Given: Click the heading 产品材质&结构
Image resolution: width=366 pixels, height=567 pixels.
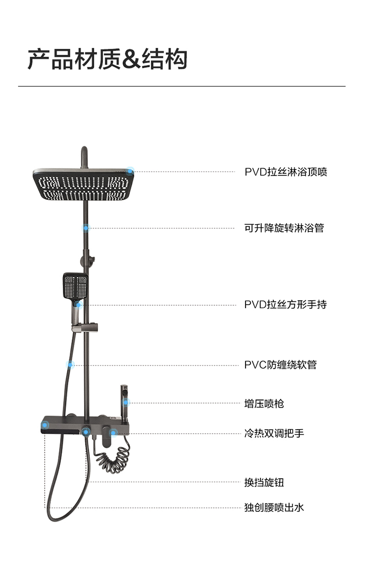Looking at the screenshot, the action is tap(107, 60).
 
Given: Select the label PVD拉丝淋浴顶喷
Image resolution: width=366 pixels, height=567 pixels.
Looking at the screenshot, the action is tap(285, 172).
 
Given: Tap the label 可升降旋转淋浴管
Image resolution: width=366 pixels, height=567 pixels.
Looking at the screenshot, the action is tap(284, 228).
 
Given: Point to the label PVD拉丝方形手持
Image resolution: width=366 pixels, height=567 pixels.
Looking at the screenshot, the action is tap(285, 305).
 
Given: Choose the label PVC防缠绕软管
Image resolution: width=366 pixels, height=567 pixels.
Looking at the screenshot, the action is tap(281, 365).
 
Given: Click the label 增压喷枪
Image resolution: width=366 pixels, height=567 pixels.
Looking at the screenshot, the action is tap(264, 403).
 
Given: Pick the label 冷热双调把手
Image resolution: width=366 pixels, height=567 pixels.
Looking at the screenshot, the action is tap(274, 433).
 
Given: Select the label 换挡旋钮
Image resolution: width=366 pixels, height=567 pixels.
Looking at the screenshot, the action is tap(264, 483).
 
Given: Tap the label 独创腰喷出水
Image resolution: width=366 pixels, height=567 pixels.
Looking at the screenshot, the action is tap(274, 507).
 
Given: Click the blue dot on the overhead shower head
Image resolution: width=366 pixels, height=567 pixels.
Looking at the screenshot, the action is tap(130, 171).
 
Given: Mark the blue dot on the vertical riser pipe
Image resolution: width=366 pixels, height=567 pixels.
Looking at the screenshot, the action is tap(86, 228).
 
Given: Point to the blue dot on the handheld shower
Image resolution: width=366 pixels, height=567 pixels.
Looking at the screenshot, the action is tap(79, 304).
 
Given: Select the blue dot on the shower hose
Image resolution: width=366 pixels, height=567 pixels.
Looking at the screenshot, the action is tap(70, 364).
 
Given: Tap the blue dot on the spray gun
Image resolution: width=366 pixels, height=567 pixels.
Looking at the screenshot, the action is tap(126, 402).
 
